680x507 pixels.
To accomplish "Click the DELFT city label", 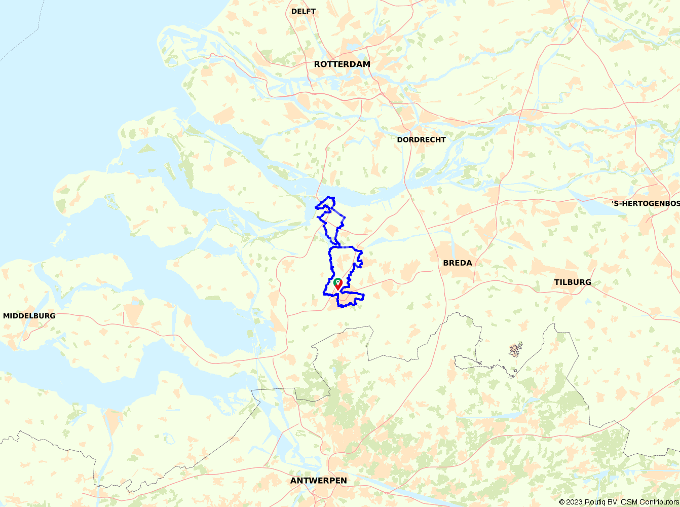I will tap(304, 11).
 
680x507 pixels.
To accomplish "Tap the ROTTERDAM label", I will tap(342, 64).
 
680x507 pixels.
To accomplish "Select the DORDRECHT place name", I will tap(421, 139).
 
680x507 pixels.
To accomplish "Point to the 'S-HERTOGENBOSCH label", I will tap(646, 203).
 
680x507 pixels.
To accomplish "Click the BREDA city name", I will tap(458, 263).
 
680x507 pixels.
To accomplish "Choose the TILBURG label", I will tap(573, 282).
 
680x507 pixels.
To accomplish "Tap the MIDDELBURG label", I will tap(29, 316).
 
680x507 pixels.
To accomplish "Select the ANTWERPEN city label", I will tap(319, 481).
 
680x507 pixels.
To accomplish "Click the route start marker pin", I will tap(338, 285).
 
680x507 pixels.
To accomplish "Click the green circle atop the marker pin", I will tap(338, 281).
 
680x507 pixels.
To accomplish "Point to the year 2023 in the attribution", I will tap(574, 502).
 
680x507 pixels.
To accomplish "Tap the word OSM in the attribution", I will tap(629, 502).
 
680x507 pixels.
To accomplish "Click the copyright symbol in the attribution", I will tap(561, 502).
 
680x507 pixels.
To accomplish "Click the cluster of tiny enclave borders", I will tap(515, 350).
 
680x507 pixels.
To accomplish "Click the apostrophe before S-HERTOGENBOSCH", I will tap(613, 202).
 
